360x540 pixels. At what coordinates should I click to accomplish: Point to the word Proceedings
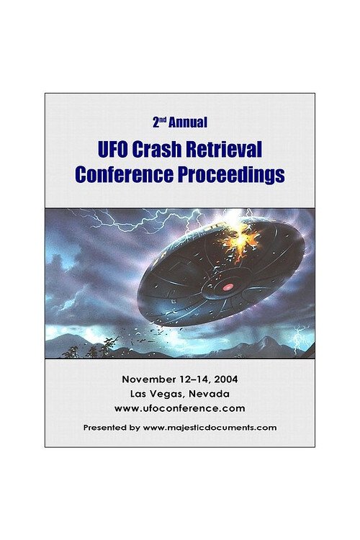pos(232,174)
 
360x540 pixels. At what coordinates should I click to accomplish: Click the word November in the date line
pos(148,379)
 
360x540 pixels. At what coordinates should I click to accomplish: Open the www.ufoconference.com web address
pos(179,408)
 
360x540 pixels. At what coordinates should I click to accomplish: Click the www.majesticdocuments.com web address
pos(210,427)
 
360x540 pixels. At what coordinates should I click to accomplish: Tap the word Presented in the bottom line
pos(106,427)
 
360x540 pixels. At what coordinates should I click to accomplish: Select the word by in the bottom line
pos(135,427)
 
